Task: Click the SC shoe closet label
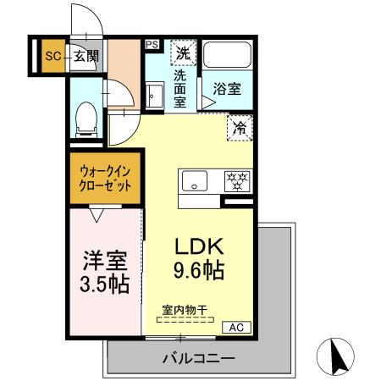52,57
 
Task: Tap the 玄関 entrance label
86,57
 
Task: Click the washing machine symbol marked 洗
183,53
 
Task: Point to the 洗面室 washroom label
180,88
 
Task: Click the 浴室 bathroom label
226,87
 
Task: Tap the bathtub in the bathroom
228,58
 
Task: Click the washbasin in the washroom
154,94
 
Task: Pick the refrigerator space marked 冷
240,129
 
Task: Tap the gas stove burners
236,180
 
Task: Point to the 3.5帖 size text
105,284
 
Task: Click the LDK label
199,246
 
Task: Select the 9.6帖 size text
199,273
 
